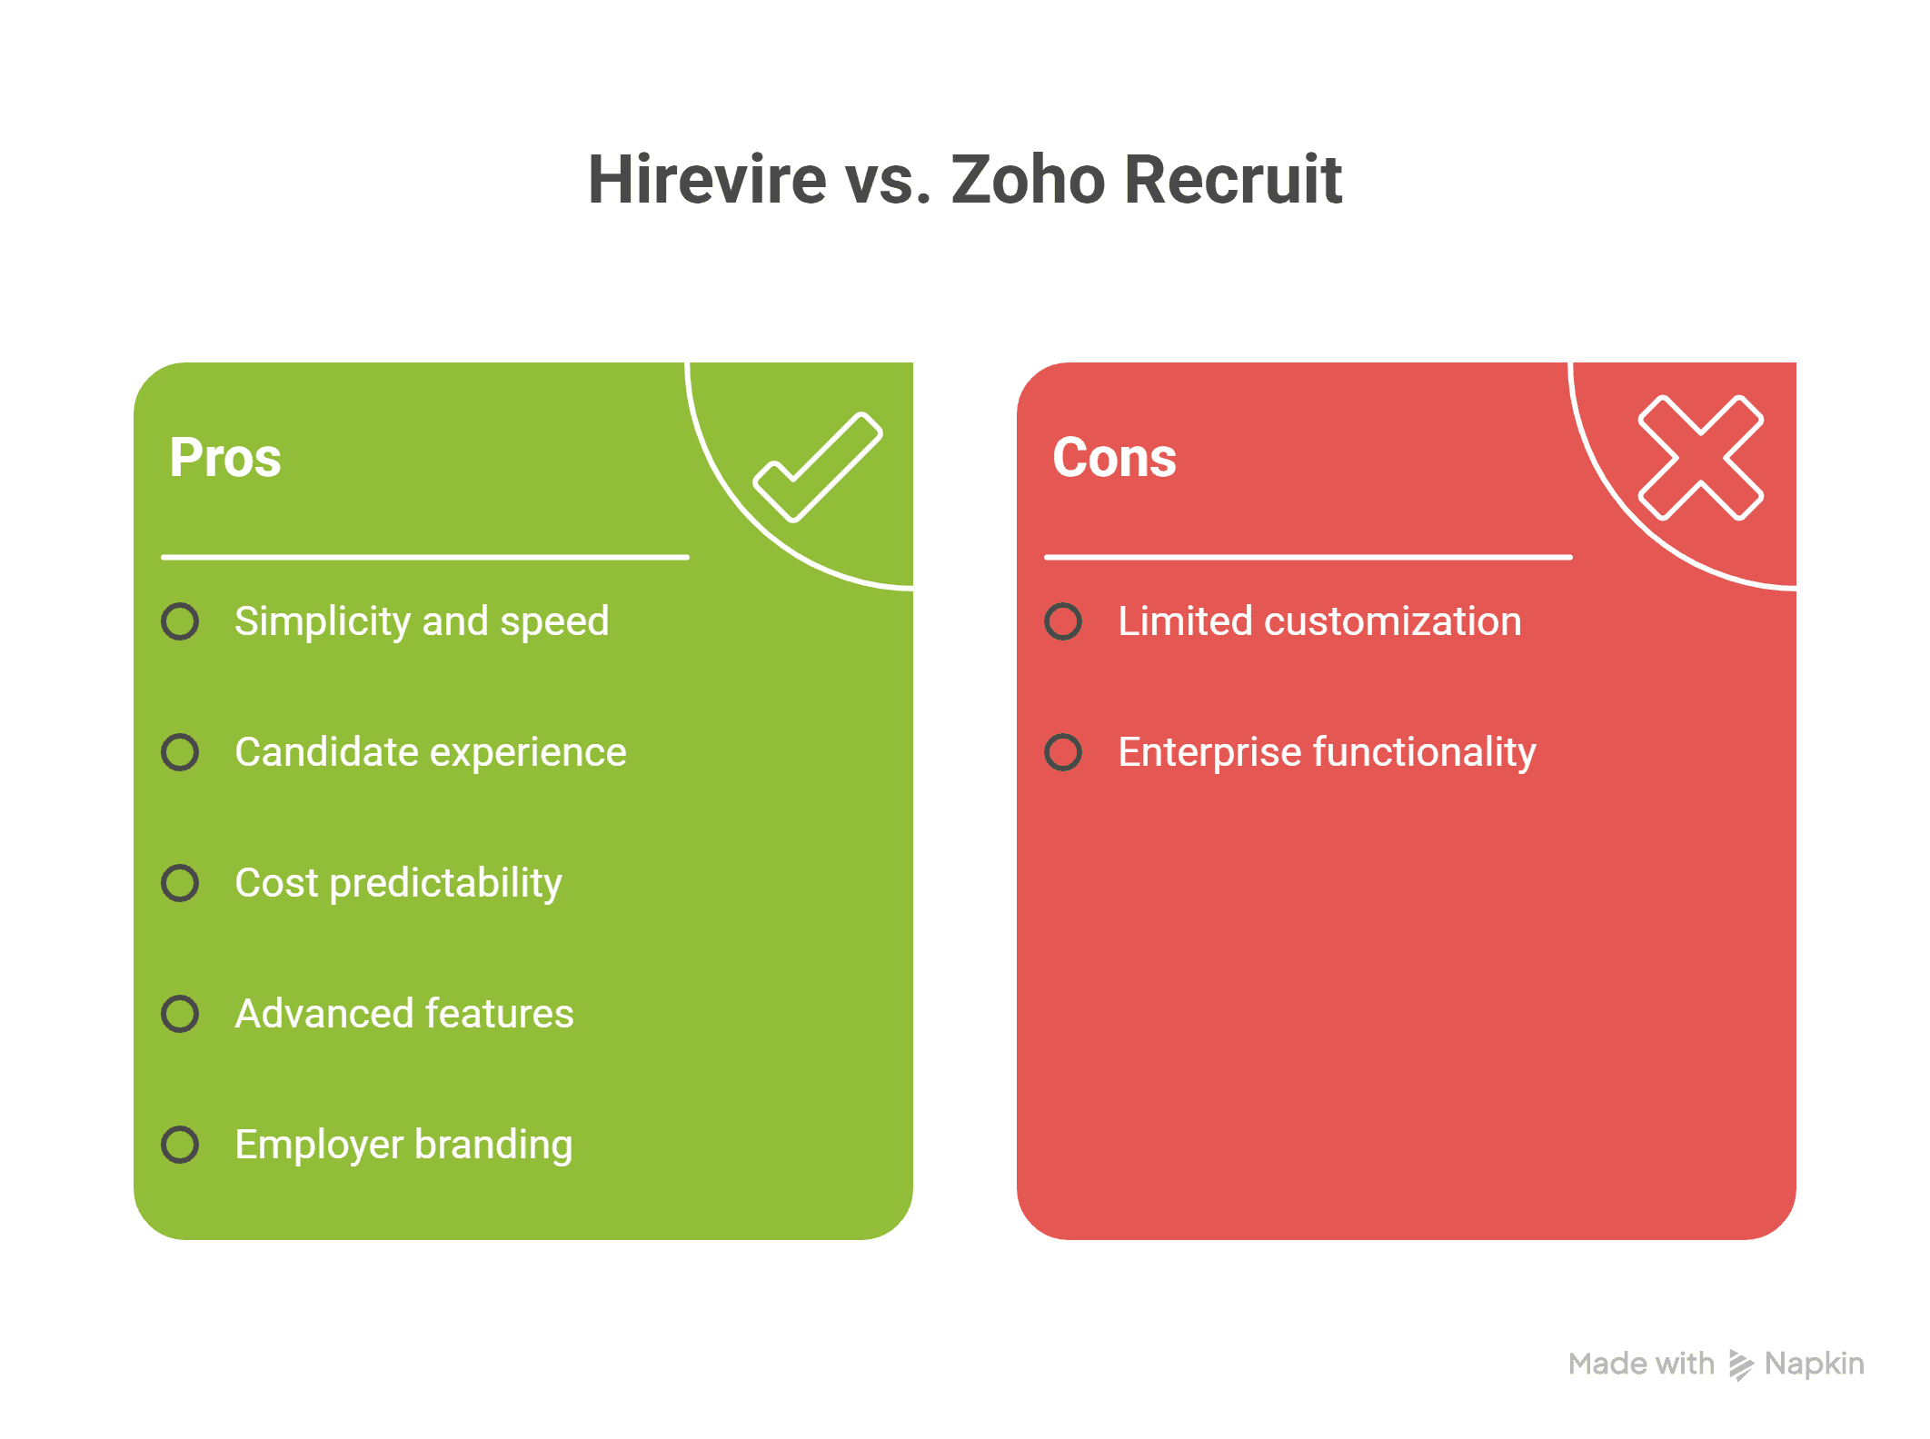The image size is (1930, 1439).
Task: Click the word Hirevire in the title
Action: pos(707,179)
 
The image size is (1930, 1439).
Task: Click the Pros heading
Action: pos(225,457)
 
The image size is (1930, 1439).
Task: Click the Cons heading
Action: pos(1114,457)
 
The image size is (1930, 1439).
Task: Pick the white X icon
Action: pos(1701,458)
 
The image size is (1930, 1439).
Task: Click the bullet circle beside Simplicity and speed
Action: pos(180,621)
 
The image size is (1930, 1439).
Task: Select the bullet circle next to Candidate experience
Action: pos(180,752)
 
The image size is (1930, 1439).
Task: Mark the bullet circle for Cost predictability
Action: pos(180,883)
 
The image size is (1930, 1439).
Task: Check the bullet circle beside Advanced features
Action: pos(180,1014)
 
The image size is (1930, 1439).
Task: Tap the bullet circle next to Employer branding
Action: pos(180,1145)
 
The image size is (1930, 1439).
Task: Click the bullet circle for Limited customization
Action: pos(1063,621)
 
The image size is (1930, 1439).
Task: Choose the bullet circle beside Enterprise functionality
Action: pos(1063,752)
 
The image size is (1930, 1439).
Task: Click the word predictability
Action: pos(445,885)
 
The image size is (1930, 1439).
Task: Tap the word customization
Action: pos(1392,621)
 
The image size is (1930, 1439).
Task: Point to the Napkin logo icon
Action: pos(1740,1365)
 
